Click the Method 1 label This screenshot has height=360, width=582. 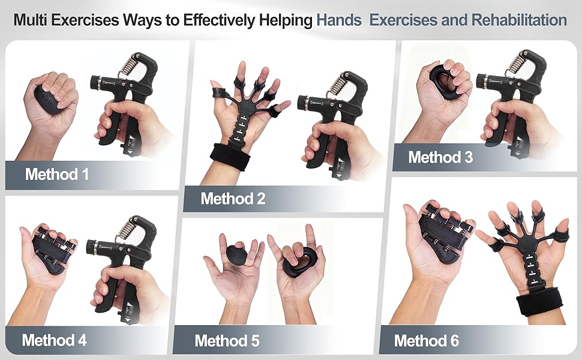click(56, 175)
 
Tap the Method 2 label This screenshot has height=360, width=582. click(233, 198)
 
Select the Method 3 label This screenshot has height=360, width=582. click(440, 157)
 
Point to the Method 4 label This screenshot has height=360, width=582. click(54, 340)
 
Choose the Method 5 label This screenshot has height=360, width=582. click(227, 341)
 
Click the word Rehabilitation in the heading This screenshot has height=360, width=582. click(520, 20)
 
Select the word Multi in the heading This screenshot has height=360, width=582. click(31, 20)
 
